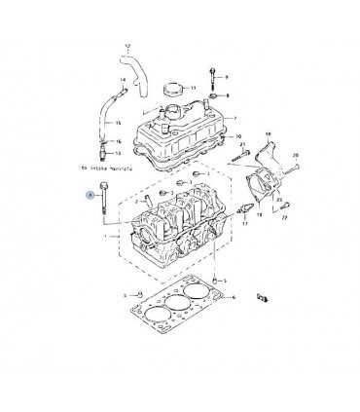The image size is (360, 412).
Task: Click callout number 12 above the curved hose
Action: pos(126,46)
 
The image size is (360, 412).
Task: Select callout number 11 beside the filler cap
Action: pos(193,88)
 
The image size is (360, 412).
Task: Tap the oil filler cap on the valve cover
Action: pos(175,89)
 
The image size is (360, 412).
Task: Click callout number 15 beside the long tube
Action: pos(118,123)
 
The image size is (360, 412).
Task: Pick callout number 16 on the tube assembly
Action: pos(118,141)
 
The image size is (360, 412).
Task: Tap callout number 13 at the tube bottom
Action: pos(118,153)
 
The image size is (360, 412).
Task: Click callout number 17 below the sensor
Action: pos(245,223)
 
